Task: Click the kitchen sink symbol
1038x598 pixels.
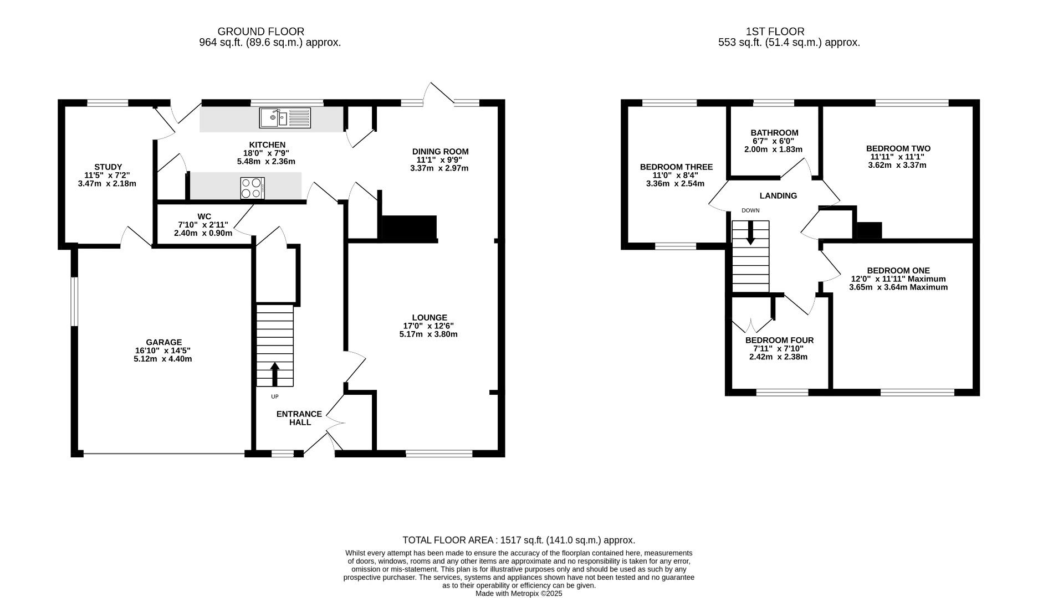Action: click(x=285, y=117)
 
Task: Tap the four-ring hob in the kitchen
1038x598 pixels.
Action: click(x=253, y=188)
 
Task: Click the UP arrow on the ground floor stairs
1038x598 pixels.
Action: click(x=275, y=374)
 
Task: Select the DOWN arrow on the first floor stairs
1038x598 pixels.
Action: click(x=750, y=233)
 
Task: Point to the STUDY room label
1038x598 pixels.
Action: click(x=108, y=167)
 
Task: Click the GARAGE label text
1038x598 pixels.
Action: click(x=164, y=342)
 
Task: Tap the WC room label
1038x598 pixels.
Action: click(x=204, y=216)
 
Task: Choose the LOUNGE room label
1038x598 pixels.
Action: click(x=429, y=317)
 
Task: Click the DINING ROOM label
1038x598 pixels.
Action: click(x=441, y=151)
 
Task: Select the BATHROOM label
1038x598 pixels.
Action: click(x=775, y=133)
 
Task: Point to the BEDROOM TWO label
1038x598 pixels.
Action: click(x=898, y=148)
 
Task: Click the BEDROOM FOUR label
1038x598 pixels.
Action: click(x=780, y=340)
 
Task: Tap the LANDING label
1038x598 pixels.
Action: click(x=778, y=195)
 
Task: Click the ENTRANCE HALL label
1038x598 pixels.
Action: click(x=299, y=418)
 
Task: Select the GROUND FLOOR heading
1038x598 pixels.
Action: click(x=261, y=32)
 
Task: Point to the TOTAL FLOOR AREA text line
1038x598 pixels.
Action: click(x=519, y=540)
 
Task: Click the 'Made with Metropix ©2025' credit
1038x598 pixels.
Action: click(x=519, y=593)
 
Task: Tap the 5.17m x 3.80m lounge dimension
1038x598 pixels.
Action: click(x=428, y=334)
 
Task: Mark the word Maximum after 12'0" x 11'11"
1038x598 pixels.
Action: click(x=927, y=279)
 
